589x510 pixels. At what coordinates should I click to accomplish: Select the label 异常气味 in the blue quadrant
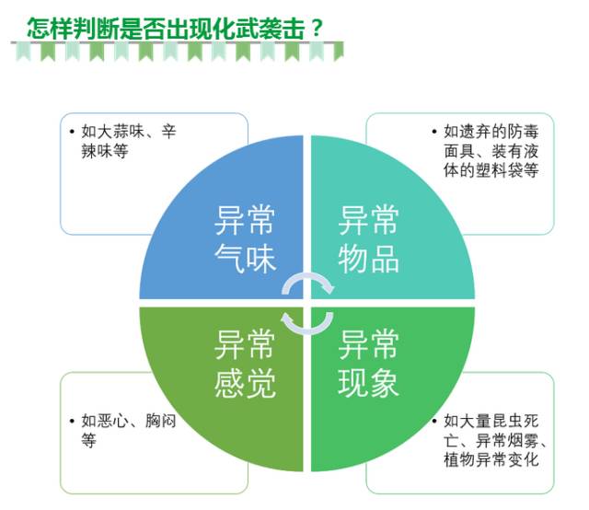pyautogui.click(x=245, y=240)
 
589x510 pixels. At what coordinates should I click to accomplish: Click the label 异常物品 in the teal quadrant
pyautogui.click(x=369, y=240)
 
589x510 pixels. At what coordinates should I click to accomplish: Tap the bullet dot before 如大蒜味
pyautogui.click(x=73, y=132)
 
